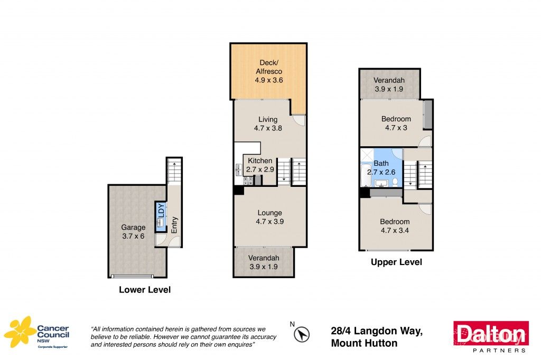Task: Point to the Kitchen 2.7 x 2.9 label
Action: [260, 165]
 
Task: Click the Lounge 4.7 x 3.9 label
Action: [269, 217]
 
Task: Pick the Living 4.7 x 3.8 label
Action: [268, 124]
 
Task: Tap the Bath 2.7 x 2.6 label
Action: [381, 168]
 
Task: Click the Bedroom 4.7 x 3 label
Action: [396, 123]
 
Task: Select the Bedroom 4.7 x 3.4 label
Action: [395, 226]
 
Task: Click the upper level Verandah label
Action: [389, 84]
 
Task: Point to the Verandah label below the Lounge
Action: [264, 262]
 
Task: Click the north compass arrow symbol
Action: [302, 334]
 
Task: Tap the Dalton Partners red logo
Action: [491, 336]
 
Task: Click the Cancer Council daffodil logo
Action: [20, 332]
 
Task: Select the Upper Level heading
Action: [396, 262]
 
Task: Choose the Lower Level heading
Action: [144, 290]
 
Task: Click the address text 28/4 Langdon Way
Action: [377, 331]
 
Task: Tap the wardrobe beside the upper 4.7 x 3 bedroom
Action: [429, 115]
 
